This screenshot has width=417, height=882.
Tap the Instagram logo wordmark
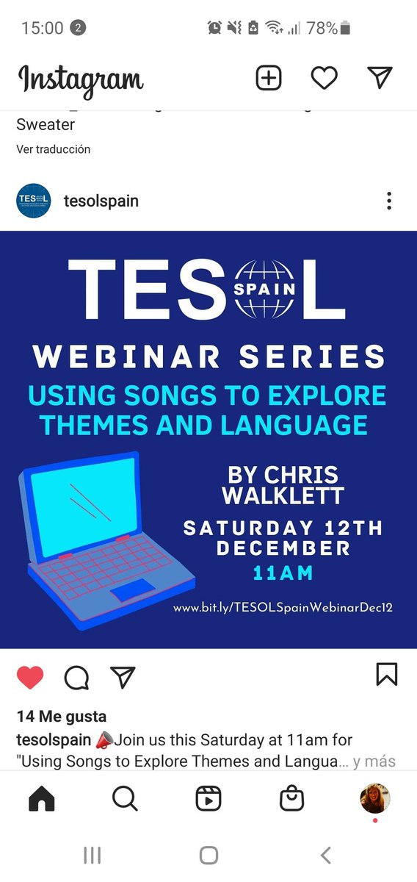pyautogui.click(x=80, y=79)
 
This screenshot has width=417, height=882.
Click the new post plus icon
pyautogui.click(x=269, y=77)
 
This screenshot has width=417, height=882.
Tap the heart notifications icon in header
pyautogui.click(x=324, y=78)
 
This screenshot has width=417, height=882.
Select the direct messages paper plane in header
pyautogui.click(x=380, y=77)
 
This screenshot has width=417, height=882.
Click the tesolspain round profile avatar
pyautogui.click(x=34, y=201)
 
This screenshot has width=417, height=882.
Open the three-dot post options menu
pyautogui.click(x=389, y=201)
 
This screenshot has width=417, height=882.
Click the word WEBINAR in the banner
pyautogui.click(x=126, y=357)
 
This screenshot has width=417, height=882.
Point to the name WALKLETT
pyautogui.click(x=283, y=496)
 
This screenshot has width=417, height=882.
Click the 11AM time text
pyautogui.click(x=283, y=573)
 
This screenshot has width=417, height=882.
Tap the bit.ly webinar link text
pyautogui.click(x=283, y=609)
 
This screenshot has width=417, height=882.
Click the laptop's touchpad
pyautogui.click(x=132, y=589)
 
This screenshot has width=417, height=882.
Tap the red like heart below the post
pyautogui.click(x=30, y=677)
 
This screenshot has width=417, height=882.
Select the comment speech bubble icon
pyautogui.click(x=76, y=678)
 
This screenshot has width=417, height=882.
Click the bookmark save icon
pyautogui.click(x=387, y=674)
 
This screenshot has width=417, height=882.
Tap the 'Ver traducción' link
pyautogui.click(x=54, y=149)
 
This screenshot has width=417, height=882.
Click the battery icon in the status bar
pyautogui.click(x=346, y=29)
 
